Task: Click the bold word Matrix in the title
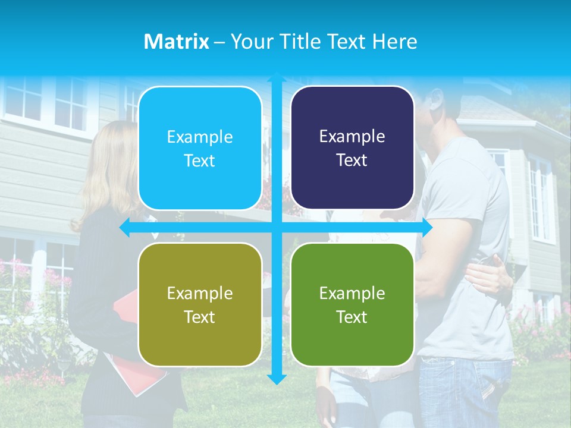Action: (x=176, y=42)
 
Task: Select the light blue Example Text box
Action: (x=200, y=149)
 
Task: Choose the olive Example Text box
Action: (x=200, y=305)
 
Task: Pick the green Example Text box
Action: (x=352, y=305)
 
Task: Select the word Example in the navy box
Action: (x=352, y=137)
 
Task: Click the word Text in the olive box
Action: (x=200, y=317)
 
